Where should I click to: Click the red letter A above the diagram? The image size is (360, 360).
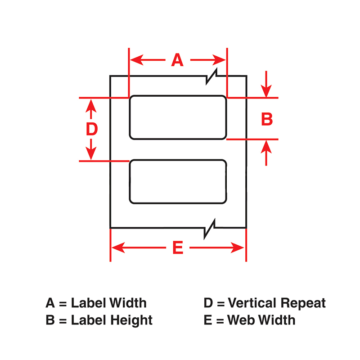[177, 60]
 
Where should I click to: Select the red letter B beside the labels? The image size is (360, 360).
[267, 119]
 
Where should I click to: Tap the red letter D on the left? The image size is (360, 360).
[92, 129]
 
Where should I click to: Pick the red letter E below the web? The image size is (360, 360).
[178, 247]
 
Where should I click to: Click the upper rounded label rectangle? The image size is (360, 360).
[178, 95]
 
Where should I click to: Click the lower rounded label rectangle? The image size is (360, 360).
[178, 160]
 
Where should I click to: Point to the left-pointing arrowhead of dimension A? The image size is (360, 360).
[137, 60]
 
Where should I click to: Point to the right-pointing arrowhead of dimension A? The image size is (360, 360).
[219, 60]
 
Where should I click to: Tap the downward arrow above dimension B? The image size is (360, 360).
[266, 84]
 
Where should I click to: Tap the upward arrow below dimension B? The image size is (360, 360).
[266, 153]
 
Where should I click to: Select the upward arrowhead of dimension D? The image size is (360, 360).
[91, 106]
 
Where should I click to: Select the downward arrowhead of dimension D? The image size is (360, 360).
[91, 153]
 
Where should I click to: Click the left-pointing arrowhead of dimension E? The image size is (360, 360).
[118, 247]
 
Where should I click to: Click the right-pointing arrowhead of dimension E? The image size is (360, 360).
[238, 247]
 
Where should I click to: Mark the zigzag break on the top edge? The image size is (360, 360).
[211, 76]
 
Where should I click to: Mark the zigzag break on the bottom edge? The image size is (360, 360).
[210, 229]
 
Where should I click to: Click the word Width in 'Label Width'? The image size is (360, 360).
[127, 302]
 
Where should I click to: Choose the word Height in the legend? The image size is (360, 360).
[131, 320]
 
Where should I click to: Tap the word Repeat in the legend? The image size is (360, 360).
[303, 303]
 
